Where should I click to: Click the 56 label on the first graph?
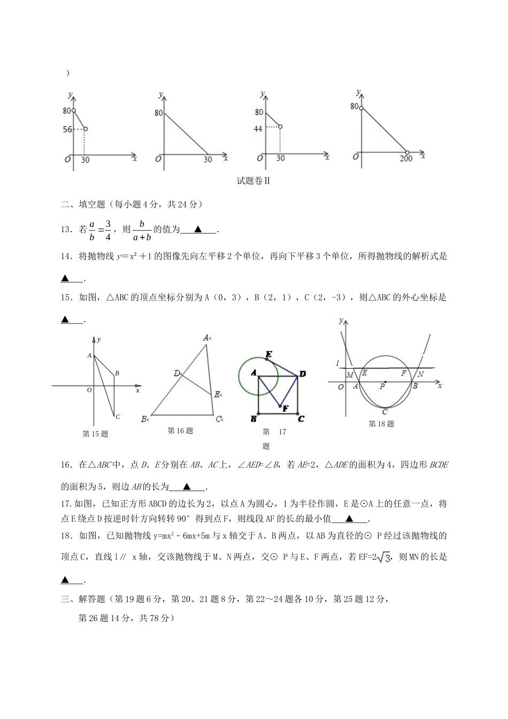(x=67, y=129)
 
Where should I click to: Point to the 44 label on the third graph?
(x=258, y=128)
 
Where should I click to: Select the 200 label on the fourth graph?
(x=406, y=159)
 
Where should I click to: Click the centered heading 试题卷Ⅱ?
(x=253, y=181)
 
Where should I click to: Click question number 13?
(x=67, y=230)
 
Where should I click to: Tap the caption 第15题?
(x=95, y=434)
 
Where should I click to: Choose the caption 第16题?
(x=180, y=431)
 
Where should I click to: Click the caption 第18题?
(x=381, y=424)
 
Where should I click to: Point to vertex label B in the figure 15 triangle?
(x=117, y=373)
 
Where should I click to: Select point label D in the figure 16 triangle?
(x=176, y=373)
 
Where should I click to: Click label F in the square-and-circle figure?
(x=286, y=409)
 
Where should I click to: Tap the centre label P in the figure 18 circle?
(x=382, y=386)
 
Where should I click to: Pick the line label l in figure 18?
(x=337, y=364)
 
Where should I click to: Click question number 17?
(x=66, y=504)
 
